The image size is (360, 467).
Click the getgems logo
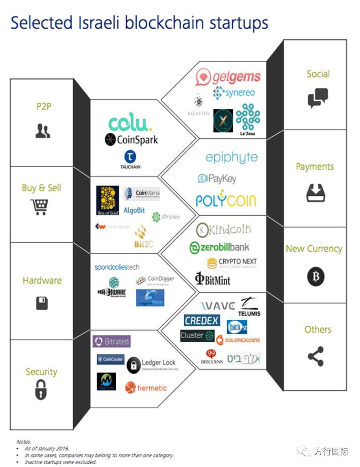(x=228, y=77)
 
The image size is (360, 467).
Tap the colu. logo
(x=130, y=123)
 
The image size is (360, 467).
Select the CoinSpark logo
(x=131, y=140)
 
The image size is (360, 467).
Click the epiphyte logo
(x=232, y=158)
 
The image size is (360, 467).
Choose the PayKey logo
(x=217, y=179)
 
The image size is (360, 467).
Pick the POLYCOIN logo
(x=226, y=199)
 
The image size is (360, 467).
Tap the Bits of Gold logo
(x=108, y=200)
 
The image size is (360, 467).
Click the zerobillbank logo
(x=219, y=248)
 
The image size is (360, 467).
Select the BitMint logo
(x=213, y=279)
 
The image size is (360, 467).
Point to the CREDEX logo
(x=202, y=320)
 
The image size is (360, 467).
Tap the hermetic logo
(x=146, y=388)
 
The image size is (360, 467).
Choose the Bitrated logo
(x=111, y=341)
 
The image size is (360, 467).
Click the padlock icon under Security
(x=41, y=389)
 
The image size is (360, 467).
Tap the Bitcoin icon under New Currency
(x=315, y=276)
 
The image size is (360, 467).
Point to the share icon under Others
(x=315, y=356)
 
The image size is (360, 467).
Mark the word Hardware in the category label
(x=42, y=281)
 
